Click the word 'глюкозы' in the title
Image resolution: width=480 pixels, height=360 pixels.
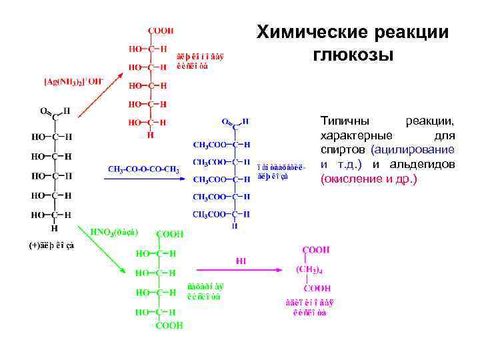(x=353, y=54)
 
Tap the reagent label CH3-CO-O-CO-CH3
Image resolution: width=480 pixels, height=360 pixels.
(x=144, y=169)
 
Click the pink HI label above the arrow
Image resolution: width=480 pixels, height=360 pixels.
(x=241, y=261)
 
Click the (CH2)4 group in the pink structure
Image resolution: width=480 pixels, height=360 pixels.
(x=309, y=270)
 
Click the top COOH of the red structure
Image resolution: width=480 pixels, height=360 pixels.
(x=161, y=31)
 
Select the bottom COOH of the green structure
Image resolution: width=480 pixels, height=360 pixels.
(x=169, y=326)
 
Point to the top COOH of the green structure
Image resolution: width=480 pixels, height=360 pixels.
(x=169, y=235)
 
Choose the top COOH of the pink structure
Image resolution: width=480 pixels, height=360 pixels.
(x=316, y=250)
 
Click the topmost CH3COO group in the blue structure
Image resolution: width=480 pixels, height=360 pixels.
(x=208, y=144)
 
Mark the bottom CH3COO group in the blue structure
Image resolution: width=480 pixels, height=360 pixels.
(x=208, y=214)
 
